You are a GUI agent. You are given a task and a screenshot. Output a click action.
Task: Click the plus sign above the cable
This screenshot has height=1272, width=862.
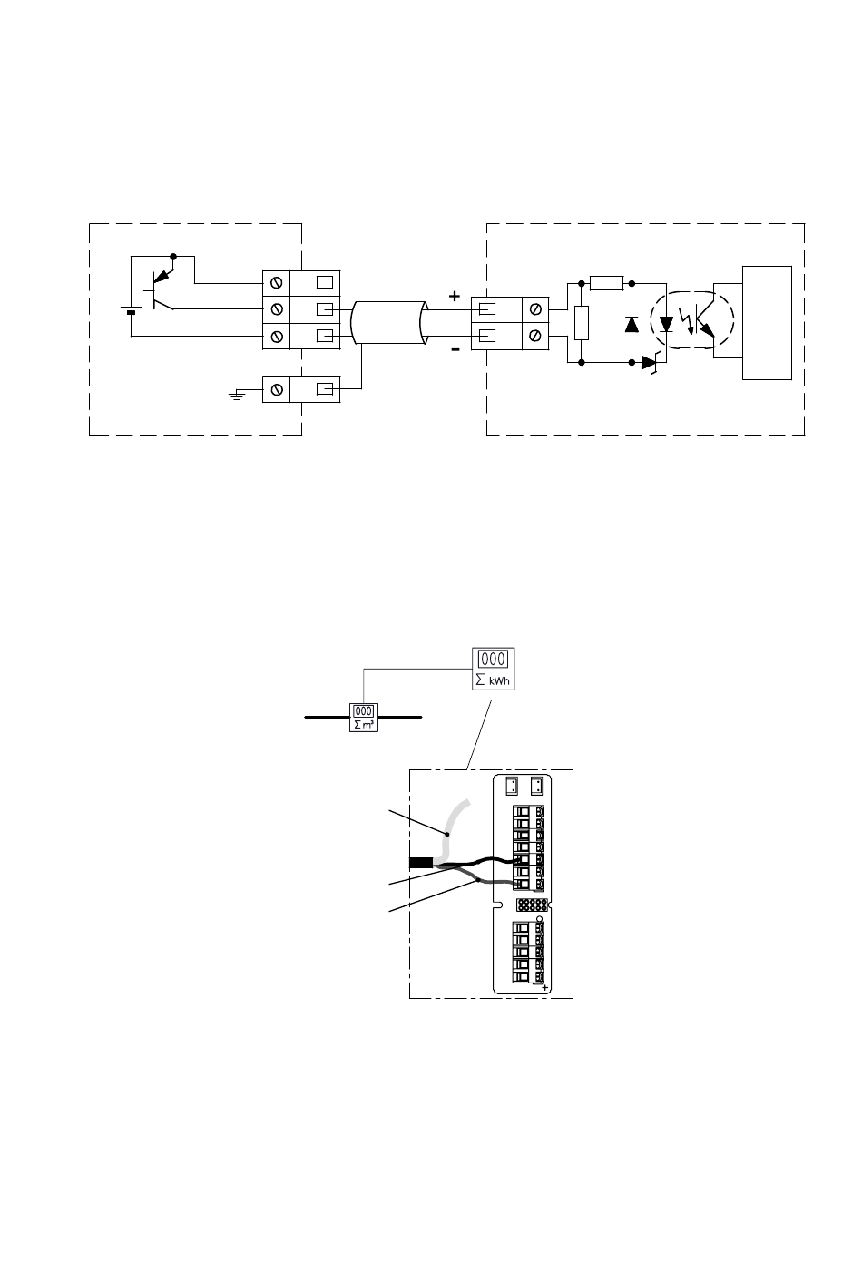[x=455, y=297]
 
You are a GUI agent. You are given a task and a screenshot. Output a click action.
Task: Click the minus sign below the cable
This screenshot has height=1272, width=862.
[x=455, y=348]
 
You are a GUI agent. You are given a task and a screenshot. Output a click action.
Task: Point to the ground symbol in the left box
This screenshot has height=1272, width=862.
[x=237, y=395]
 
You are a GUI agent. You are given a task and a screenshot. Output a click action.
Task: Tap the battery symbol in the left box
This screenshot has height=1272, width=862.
[x=132, y=310]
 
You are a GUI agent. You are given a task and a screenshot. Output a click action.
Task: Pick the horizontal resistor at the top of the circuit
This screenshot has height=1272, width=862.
[x=606, y=283]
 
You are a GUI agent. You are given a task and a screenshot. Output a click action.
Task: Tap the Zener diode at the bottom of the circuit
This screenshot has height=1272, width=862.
[x=650, y=362]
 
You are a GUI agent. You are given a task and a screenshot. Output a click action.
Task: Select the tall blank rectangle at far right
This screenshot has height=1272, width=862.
[x=767, y=322]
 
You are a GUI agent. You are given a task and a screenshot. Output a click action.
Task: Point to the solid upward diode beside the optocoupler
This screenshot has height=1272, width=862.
[x=632, y=322]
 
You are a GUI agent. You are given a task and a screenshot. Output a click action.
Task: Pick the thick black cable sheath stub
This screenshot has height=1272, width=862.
[x=422, y=862]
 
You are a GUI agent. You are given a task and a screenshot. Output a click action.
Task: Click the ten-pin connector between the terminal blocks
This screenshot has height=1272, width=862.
[x=531, y=905]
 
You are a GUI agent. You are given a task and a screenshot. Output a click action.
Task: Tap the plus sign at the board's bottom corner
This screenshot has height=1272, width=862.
[x=545, y=989]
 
